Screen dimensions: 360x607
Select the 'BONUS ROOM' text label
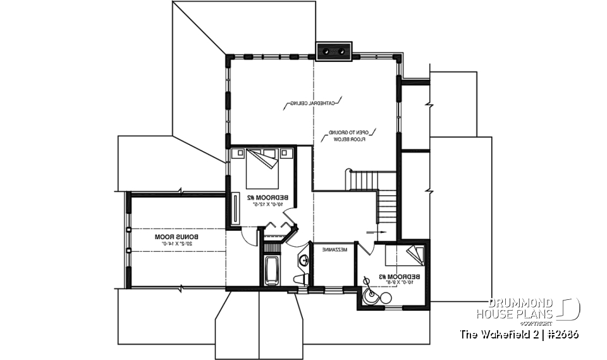[x=173, y=236]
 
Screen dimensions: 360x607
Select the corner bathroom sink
[x=303, y=258]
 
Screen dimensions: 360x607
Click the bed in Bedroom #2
[x=262, y=163]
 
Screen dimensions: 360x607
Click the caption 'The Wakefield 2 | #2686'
[x=518, y=333]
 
